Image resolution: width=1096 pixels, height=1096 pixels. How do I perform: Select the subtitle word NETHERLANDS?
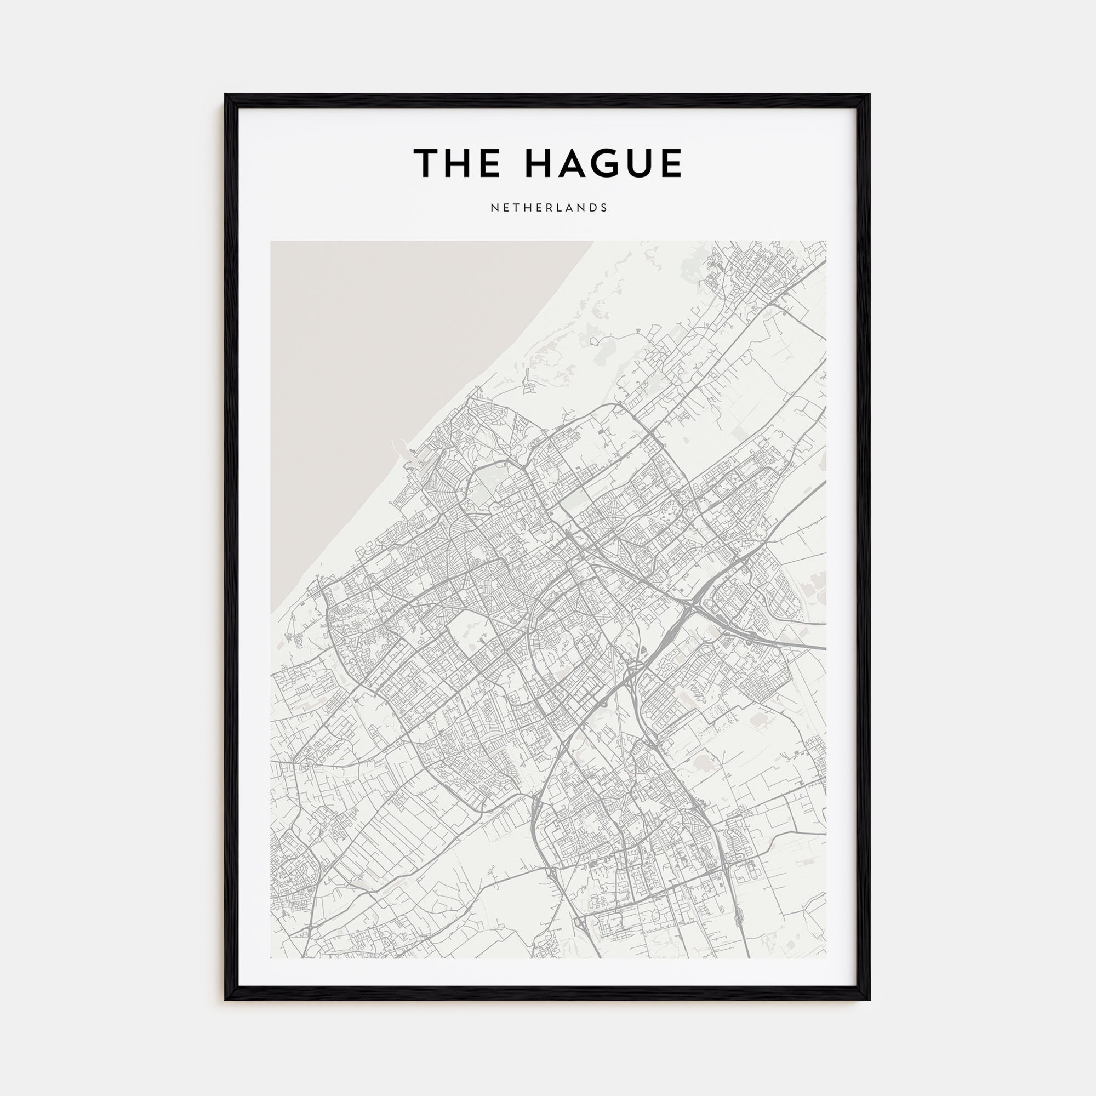click(x=549, y=208)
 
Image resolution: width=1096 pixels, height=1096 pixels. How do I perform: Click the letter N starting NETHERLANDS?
click(x=494, y=208)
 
